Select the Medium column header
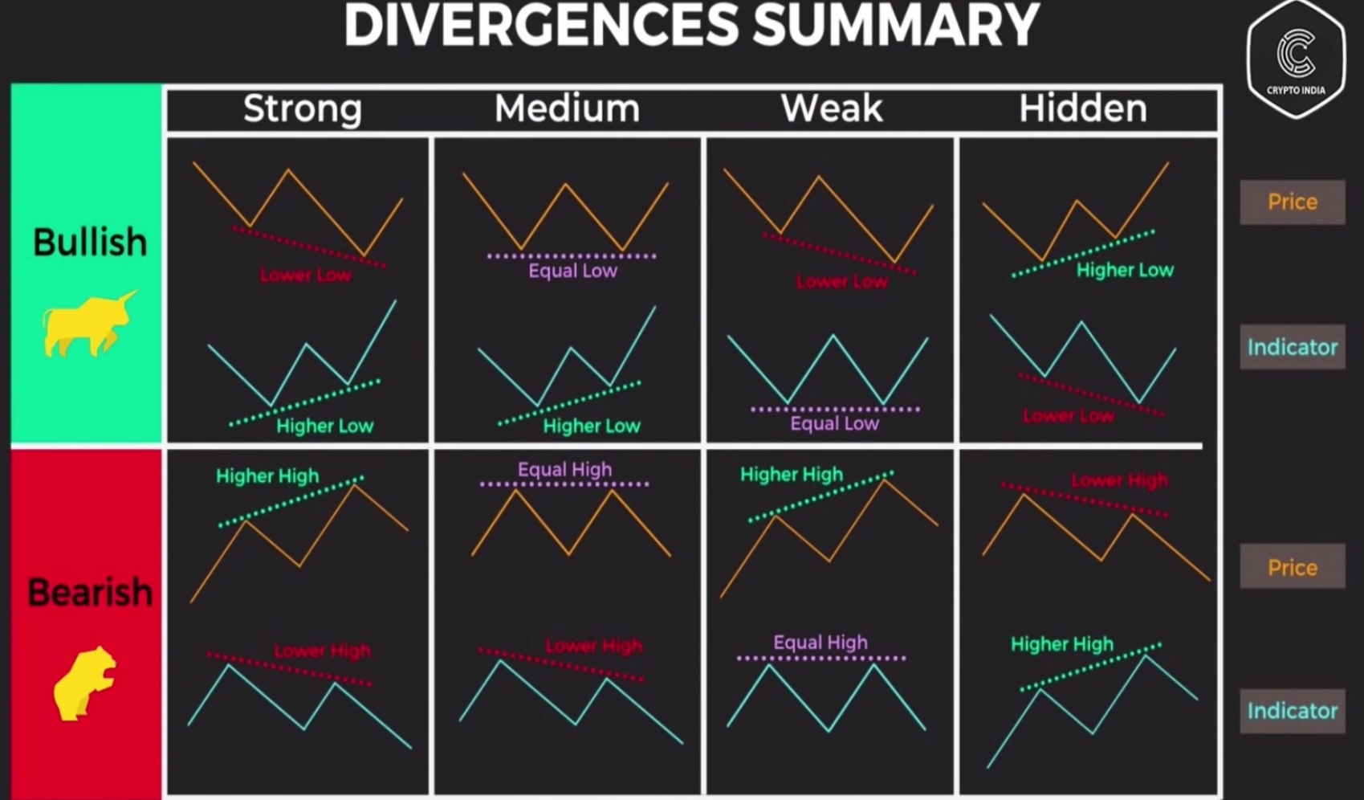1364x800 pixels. point(567,108)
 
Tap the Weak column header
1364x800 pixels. point(832,108)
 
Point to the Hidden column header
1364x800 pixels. point(1083,108)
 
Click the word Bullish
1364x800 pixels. point(90,243)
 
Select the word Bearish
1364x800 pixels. point(90,592)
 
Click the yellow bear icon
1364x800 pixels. point(84,684)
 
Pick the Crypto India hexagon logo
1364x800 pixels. point(1296,59)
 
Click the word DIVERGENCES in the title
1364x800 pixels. point(542,25)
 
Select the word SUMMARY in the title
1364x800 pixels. point(896,25)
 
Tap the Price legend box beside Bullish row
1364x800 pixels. point(1292,202)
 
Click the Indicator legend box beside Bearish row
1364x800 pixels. point(1292,711)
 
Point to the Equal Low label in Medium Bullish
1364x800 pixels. point(573,271)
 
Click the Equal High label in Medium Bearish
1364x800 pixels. point(564,470)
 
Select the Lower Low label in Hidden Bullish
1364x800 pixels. point(1069,415)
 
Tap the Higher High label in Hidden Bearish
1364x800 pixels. point(1062,644)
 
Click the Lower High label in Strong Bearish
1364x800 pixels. point(322,651)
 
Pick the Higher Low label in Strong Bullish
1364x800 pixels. point(324,426)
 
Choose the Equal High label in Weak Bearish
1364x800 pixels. point(820,643)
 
